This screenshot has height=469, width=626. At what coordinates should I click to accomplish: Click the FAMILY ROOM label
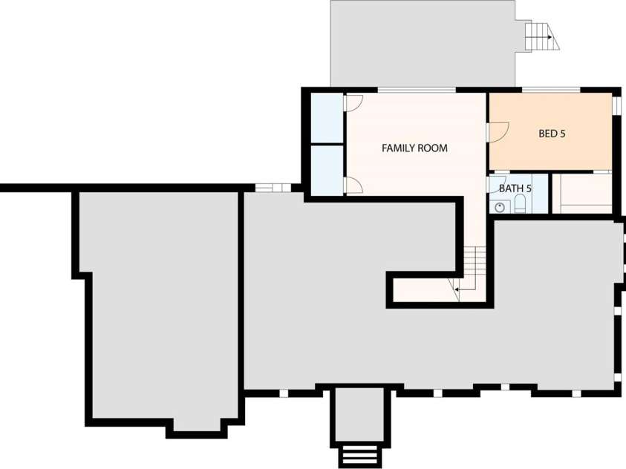pyautogui.click(x=414, y=148)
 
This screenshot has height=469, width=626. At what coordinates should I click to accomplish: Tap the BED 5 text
pyautogui.click(x=552, y=133)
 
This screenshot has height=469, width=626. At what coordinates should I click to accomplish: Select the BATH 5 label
pyautogui.click(x=515, y=188)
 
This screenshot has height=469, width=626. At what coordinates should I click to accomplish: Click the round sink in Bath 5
pyautogui.click(x=500, y=207)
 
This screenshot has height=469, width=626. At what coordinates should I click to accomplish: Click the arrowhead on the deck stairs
pyautogui.click(x=550, y=37)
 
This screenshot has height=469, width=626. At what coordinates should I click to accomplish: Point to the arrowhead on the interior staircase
pyautogui.click(x=456, y=289)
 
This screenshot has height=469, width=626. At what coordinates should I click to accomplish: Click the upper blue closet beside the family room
pyautogui.click(x=327, y=118)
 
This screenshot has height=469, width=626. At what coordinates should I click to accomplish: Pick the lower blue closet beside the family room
pyautogui.click(x=327, y=170)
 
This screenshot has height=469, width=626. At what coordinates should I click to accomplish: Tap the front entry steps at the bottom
pyautogui.click(x=359, y=454)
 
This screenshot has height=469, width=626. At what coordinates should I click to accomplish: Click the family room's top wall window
pyautogui.click(x=417, y=90)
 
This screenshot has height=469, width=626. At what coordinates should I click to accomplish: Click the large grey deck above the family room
pyautogui.click(x=423, y=43)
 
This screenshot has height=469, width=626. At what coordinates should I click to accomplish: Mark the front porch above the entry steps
pyautogui.click(x=359, y=416)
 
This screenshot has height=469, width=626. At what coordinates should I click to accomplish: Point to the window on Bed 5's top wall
pyautogui.click(x=551, y=90)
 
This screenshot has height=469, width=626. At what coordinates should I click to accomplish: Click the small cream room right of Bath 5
pyautogui.click(x=582, y=193)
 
